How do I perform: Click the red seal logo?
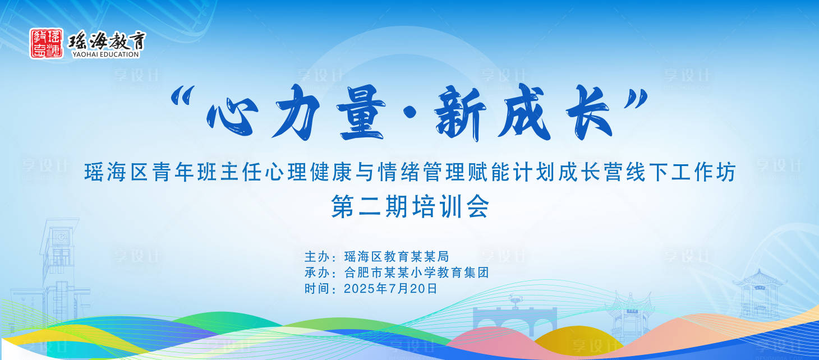pyautogui.click(x=47, y=43)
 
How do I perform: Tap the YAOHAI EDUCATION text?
pyautogui.click(x=105, y=54)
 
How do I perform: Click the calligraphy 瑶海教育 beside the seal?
pyautogui.click(x=107, y=41)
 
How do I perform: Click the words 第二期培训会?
pyautogui.click(x=410, y=207)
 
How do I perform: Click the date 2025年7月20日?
pyautogui.click(x=390, y=289)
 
